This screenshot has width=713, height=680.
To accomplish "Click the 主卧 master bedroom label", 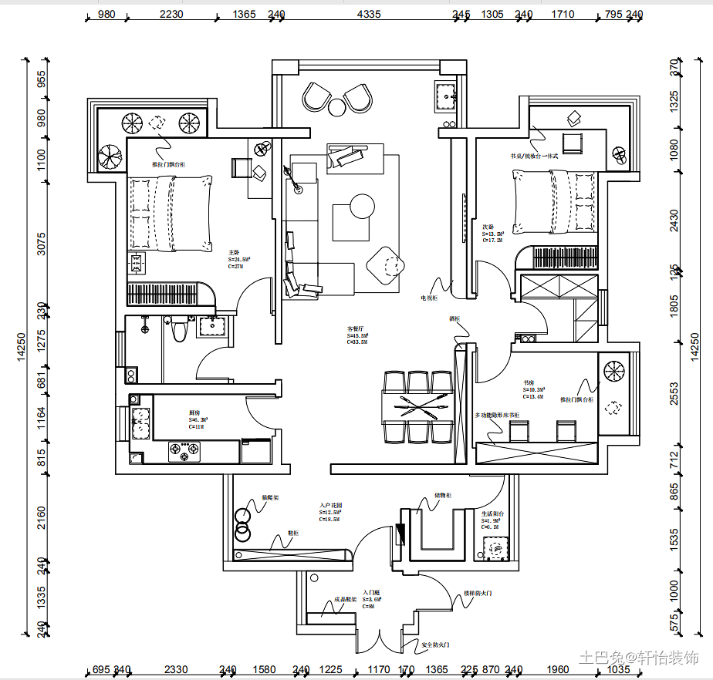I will coord(234,252).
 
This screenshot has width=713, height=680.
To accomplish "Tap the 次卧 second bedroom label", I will coord(488,227).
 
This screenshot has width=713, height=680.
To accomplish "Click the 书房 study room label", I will coord(529,382).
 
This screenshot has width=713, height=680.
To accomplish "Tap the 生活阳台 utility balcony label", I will coord(493,513).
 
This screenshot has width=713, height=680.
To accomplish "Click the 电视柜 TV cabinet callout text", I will coord(429,297).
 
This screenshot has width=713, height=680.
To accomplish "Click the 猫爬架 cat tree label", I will coord(269,498).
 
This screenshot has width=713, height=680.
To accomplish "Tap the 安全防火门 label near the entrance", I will coord(435,645).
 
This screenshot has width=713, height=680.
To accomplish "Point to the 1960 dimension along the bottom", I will coord(557,669).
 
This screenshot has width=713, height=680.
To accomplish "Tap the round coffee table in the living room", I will coord(362,206).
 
